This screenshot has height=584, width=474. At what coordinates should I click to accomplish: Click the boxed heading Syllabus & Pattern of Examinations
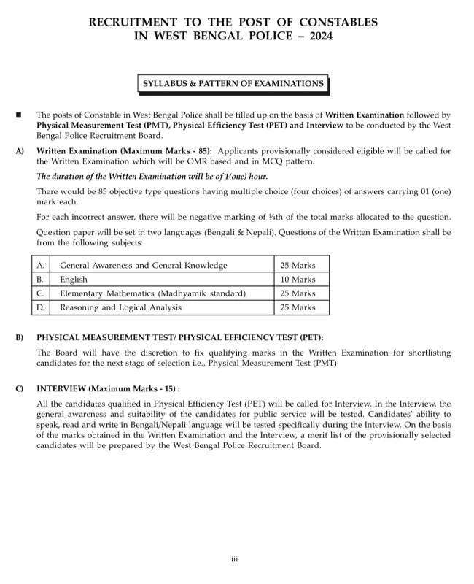click(x=233, y=84)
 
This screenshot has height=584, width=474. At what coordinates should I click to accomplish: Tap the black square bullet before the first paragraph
click(x=18, y=115)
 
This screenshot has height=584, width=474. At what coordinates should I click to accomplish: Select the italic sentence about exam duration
click(x=152, y=177)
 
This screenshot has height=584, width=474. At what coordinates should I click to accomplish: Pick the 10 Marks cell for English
click(x=298, y=280)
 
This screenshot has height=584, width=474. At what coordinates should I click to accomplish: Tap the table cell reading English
click(x=74, y=280)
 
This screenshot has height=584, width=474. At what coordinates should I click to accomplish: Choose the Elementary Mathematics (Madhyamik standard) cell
click(x=152, y=293)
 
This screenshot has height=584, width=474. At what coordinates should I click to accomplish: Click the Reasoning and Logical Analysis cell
click(x=121, y=307)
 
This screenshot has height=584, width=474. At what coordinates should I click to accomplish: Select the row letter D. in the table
click(x=40, y=307)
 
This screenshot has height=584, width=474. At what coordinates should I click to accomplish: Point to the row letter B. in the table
click(x=40, y=280)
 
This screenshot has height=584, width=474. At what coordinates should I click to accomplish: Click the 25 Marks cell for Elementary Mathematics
click(x=298, y=293)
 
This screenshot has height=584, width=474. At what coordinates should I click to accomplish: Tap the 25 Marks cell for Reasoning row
click(x=298, y=307)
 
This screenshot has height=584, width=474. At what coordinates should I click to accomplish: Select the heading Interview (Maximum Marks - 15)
click(x=108, y=389)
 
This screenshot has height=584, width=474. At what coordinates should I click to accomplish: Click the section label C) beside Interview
click(x=19, y=389)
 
